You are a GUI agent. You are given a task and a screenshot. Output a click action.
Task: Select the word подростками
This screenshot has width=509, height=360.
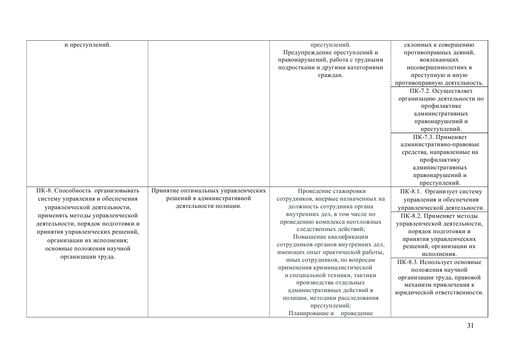tap(297, 67)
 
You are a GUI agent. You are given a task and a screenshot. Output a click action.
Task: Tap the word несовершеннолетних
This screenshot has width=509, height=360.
tap(437, 67)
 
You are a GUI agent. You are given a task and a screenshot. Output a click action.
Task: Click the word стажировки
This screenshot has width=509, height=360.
tap(349, 191)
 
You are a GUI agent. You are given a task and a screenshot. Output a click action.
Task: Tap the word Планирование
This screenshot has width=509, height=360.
tap(308, 313)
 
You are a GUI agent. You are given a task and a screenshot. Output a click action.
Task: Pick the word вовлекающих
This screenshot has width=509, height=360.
tap(437, 60)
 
